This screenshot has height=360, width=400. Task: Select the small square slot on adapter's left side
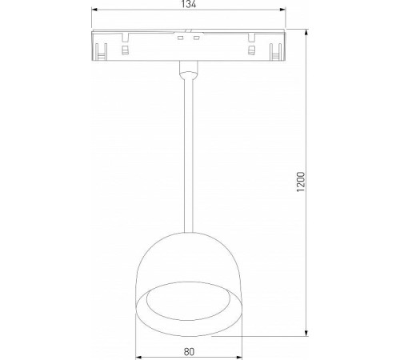(125, 50)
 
